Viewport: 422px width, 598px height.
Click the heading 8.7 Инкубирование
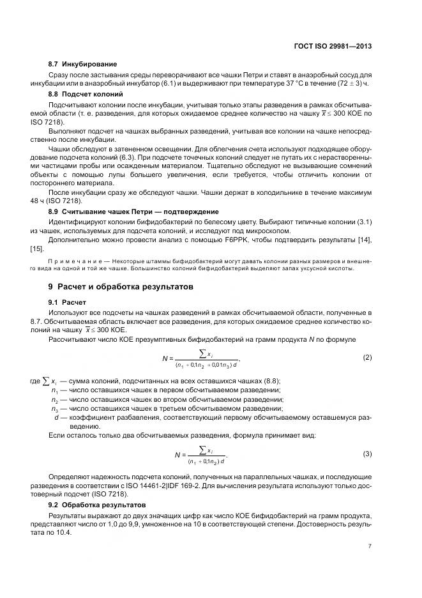tap(82, 65)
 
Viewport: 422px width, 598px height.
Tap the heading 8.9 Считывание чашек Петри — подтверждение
tap(133, 211)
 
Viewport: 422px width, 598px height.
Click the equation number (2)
tap(366, 356)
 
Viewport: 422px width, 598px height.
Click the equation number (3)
tap(366, 454)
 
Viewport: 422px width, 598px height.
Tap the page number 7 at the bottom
tap(370, 546)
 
